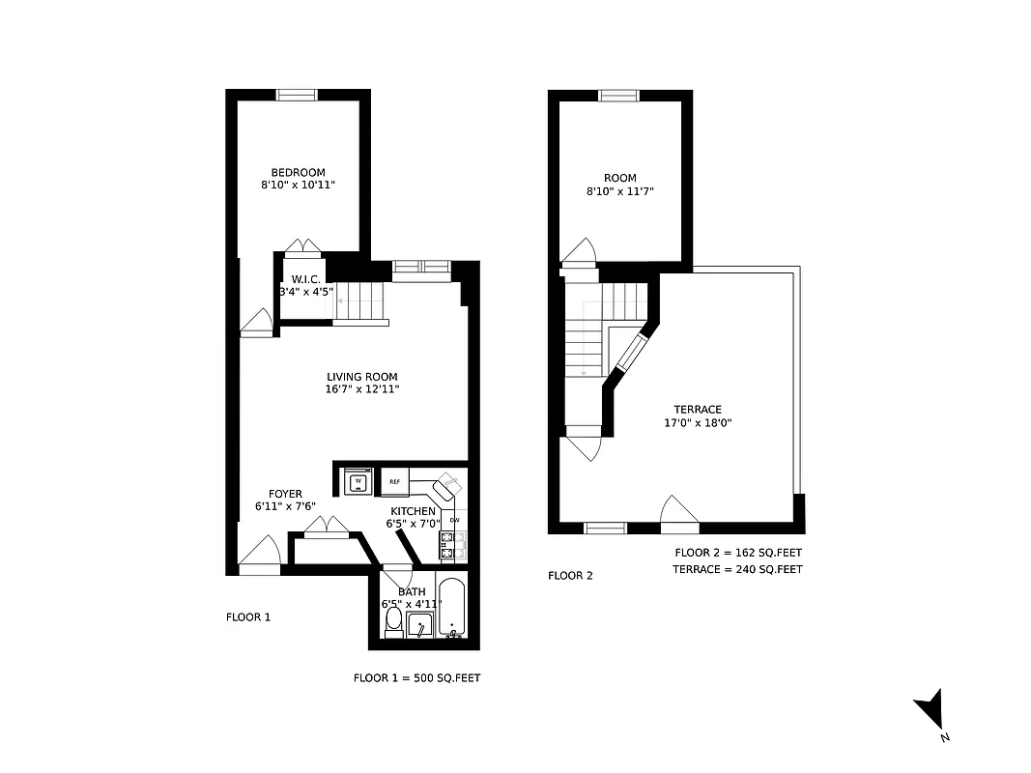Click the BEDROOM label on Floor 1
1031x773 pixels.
[x=298, y=172]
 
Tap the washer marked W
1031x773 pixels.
[x=358, y=480]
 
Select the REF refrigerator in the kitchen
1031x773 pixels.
[x=395, y=480]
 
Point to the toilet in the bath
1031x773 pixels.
[x=393, y=624]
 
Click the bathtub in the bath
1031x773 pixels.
[x=451, y=607]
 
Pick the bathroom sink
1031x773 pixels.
[x=419, y=626]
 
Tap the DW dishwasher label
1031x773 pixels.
[x=454, y=521]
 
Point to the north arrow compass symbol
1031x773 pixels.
[x=929, y=712]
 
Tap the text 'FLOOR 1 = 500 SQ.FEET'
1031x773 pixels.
[x=416, y=678]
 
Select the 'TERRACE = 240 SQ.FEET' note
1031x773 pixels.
[x=737, y=569]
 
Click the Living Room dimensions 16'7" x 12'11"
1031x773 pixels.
[x=361, y=389]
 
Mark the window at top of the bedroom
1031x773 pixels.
[x=298, y=95]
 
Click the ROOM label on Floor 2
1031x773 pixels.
[x=620, y=178]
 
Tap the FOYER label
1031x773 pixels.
[x=285, y=493]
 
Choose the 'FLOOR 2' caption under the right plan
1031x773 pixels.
[x=570, y=576]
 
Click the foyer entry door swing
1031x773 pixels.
[x=258, y=557]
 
